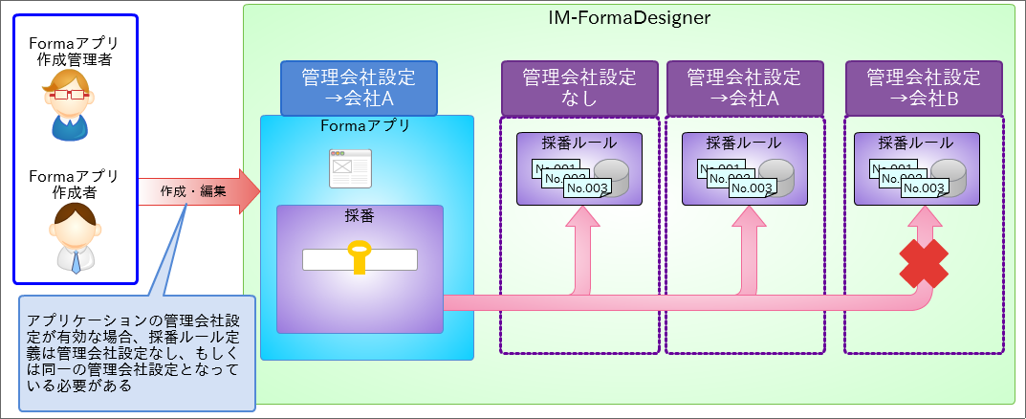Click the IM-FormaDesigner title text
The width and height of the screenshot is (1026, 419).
coord(629,17)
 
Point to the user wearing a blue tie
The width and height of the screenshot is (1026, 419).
coord(76,238)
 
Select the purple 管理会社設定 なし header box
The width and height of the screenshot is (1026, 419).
coord(579,88)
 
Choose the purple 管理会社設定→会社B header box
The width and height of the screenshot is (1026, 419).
coord(924,88)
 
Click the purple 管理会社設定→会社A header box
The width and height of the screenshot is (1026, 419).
coord(743,88)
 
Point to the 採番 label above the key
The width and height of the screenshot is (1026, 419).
coord(360,216)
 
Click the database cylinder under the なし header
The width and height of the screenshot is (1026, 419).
coord(613,177)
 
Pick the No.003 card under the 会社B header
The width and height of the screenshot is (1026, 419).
coord(924,187)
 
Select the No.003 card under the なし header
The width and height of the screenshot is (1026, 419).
coord(587,187)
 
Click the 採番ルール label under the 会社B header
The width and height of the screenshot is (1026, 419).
coord(916,143)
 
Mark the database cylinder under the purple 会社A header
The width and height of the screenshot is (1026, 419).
coord(777,177)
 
